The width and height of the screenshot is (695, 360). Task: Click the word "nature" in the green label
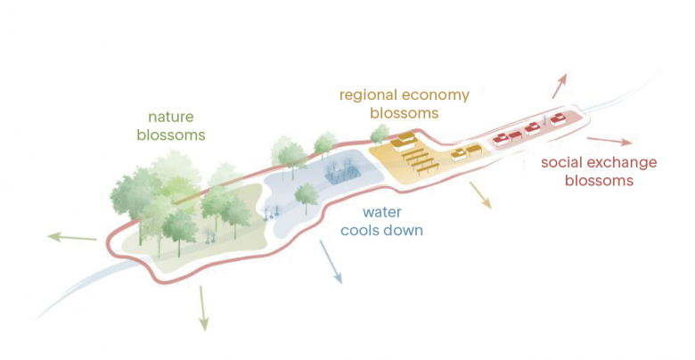170,117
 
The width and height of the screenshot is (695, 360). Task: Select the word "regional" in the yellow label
367,94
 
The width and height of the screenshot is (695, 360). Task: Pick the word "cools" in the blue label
361,231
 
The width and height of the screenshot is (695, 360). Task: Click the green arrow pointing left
71,237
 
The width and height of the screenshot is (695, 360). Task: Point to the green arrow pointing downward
203,308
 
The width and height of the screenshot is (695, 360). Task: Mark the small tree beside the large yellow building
380,135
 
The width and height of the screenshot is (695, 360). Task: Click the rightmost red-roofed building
559,119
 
